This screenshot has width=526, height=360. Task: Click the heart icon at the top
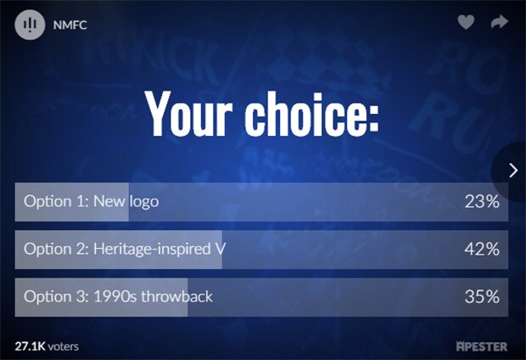point(466,22)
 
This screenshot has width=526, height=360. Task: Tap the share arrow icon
point(500,22)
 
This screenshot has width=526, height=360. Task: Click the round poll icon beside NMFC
point(30,25)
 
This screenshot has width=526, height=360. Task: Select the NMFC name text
point(70,25)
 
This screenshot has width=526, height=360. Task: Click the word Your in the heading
point(189,114)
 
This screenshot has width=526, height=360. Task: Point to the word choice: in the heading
point(311,114)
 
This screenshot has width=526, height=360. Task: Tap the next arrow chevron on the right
point(513,171)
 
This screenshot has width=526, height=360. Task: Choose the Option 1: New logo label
point(92,201)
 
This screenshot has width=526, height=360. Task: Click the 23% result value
point(482,201)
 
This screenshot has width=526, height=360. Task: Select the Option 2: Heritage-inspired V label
point(125,249)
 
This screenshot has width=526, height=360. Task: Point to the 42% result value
point(482,249)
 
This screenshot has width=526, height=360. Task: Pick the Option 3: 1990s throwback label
point(118,297)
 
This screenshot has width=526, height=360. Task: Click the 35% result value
point(482,297)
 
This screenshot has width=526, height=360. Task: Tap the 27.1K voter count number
point(30,346)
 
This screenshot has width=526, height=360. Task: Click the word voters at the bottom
point(63,347)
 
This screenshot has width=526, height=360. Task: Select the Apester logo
point(482,346)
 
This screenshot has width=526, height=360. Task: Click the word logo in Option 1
point(144,202)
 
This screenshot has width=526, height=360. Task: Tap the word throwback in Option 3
point(176,297)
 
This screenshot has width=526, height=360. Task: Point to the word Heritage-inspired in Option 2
point(152,249)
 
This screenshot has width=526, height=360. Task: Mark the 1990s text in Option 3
point(115,297)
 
